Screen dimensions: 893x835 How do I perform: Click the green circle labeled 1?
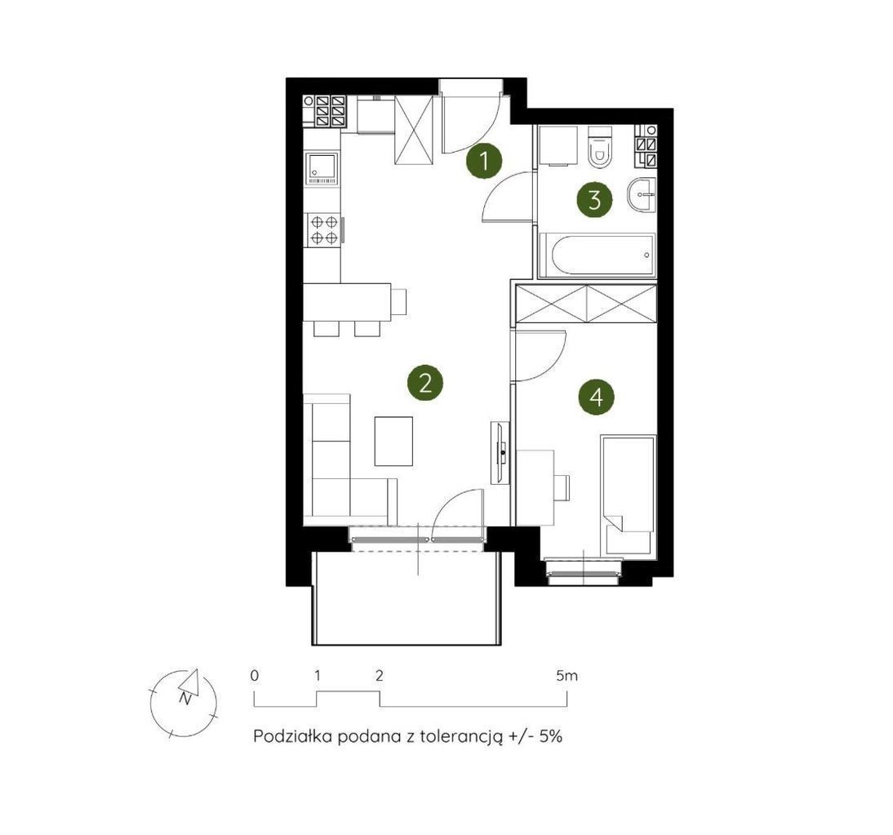(484, 161)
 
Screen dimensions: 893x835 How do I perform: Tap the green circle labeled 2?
(424, 383)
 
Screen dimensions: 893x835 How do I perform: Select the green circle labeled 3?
(594, 200)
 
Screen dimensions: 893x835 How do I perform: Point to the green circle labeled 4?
(596, 397)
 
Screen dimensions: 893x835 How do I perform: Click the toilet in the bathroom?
(600, 147)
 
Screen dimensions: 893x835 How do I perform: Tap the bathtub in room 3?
(597, 255)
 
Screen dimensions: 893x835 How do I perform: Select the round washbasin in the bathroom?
(642, 194)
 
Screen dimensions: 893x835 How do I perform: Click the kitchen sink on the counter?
(322, 169)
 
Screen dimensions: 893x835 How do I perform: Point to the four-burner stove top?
(324, 229)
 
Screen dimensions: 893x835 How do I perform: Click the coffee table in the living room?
(393, 441)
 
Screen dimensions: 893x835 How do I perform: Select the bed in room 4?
(628, 495)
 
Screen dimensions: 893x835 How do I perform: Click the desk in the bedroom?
(535, 487)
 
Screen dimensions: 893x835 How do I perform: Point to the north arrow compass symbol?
(184, 702)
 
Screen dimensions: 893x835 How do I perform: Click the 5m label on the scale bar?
(566, 676)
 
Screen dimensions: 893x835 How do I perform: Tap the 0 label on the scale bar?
(255, 676)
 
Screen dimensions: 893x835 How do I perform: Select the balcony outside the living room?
(407, 597)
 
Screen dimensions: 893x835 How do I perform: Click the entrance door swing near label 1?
(472, 123)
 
